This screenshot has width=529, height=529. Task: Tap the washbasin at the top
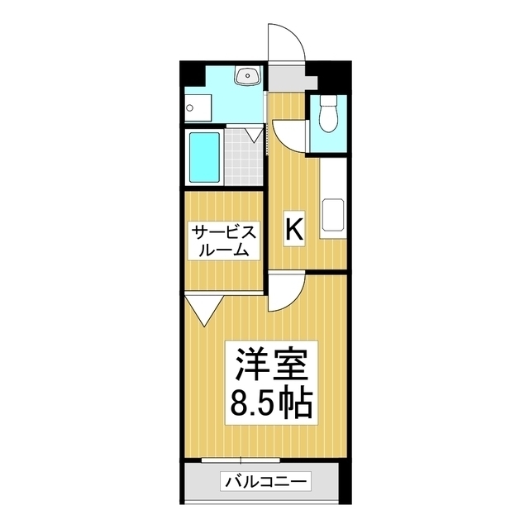coord(246,78)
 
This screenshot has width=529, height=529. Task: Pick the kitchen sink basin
coord(333,217)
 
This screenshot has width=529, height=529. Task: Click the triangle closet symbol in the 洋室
coord(203,311)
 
